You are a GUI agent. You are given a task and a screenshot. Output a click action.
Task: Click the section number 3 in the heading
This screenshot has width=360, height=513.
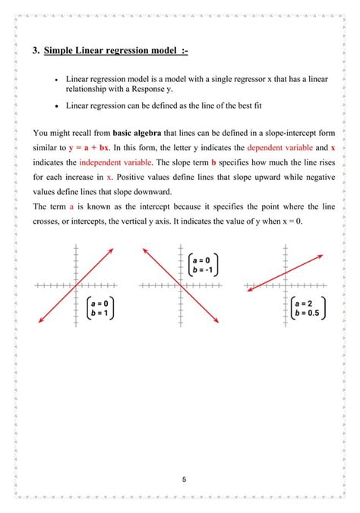pyautogui.click(x=35, y=51)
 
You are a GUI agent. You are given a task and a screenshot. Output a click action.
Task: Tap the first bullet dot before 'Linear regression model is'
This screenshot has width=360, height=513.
pyautogui.click(x=57, y=79)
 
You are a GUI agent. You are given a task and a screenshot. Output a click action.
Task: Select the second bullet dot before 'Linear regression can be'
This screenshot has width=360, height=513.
pyautogui.click(x=57, y=106)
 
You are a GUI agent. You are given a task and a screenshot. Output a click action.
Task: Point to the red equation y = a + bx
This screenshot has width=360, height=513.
pyautogui.click(x=90, y=148)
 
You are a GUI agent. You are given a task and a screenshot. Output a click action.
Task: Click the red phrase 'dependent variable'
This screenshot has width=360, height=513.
pyautogui.click(x=270, y=148)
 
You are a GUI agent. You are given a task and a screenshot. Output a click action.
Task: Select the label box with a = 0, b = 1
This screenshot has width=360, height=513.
pyautogui.click(x=99, y=307)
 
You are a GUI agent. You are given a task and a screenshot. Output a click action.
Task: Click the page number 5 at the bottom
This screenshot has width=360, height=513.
pyautogui.click(x=185, y=480)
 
